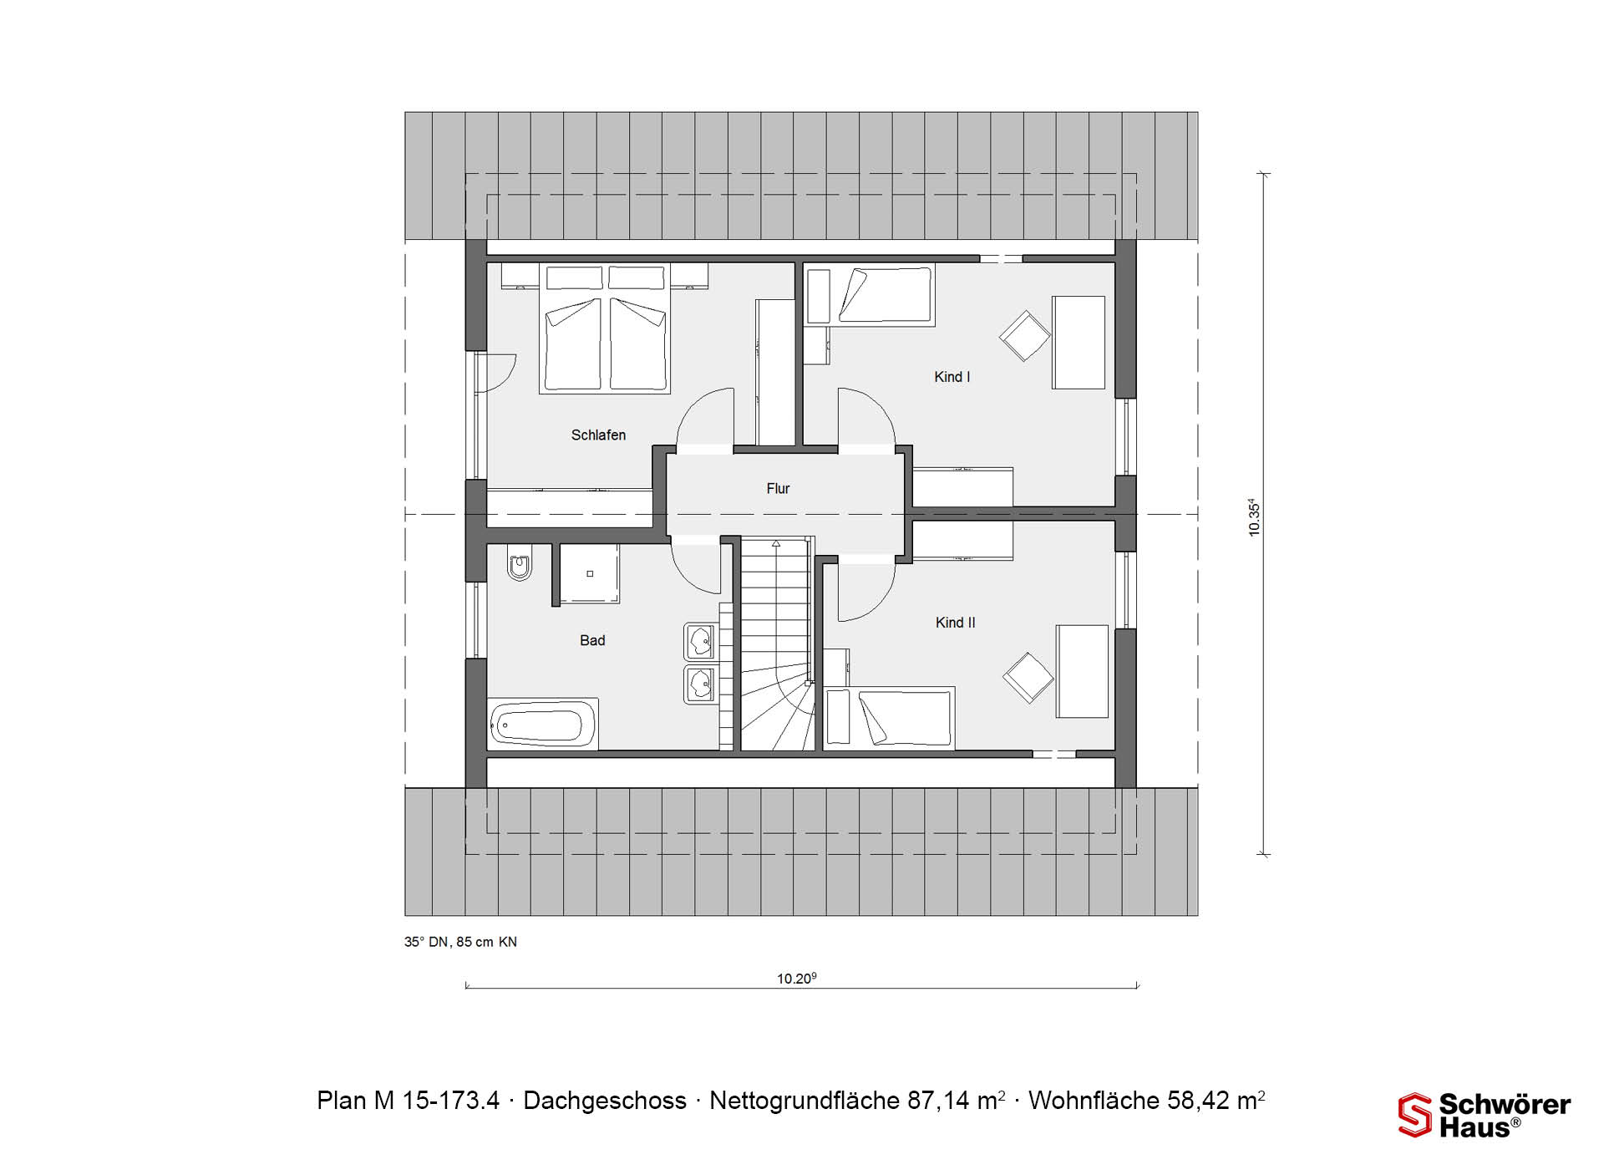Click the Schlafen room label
(x=598, y=435)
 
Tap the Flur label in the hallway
(x=778, y=488)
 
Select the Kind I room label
(x=952, y=377)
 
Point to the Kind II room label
(x=955, y=623)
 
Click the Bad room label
(x=592, y=640)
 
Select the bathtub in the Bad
(x=542, y=724)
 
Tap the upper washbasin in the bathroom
(x=700, y=642)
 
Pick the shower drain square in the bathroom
(x=590, y=573)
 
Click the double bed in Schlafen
(x=606, y=328)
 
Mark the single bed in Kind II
(x=889, y=717)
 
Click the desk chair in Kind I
(x=1025, y=335)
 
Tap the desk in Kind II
(x=1082, y=671)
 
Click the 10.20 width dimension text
(x=796, y=978)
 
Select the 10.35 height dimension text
(x=1254, y=517)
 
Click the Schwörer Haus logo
(x=1485, y=1115)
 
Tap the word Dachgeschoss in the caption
(x=605, y=1101)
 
